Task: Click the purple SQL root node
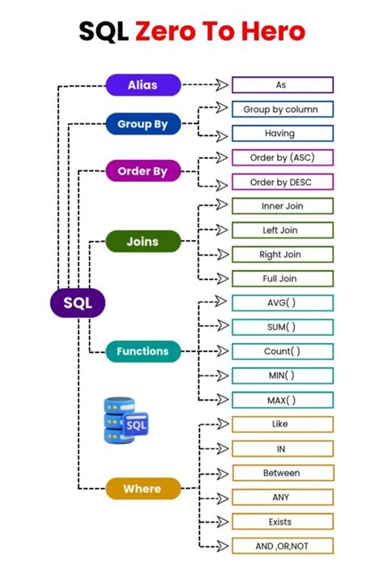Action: coord(79,303)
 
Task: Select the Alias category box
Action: coord(143,84)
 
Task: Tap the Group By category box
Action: coord(143,124)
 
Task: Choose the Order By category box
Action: coord(143,171)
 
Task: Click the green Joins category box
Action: coord(143,241)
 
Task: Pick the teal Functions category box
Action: coord(143,351)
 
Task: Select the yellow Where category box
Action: coord(143,488)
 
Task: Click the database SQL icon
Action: coord(125,420)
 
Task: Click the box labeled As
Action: coord(282,85)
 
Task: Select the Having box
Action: coord(282,133)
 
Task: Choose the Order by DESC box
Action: coord(282,182)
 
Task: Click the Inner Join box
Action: coord(282,206)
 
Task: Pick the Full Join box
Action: coord(282,278)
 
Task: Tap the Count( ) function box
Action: coord(282,351)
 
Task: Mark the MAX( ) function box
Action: coord(282,400)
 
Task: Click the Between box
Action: coord(282,473)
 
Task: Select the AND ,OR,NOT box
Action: coord(282,546)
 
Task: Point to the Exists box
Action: coord(282,522)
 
